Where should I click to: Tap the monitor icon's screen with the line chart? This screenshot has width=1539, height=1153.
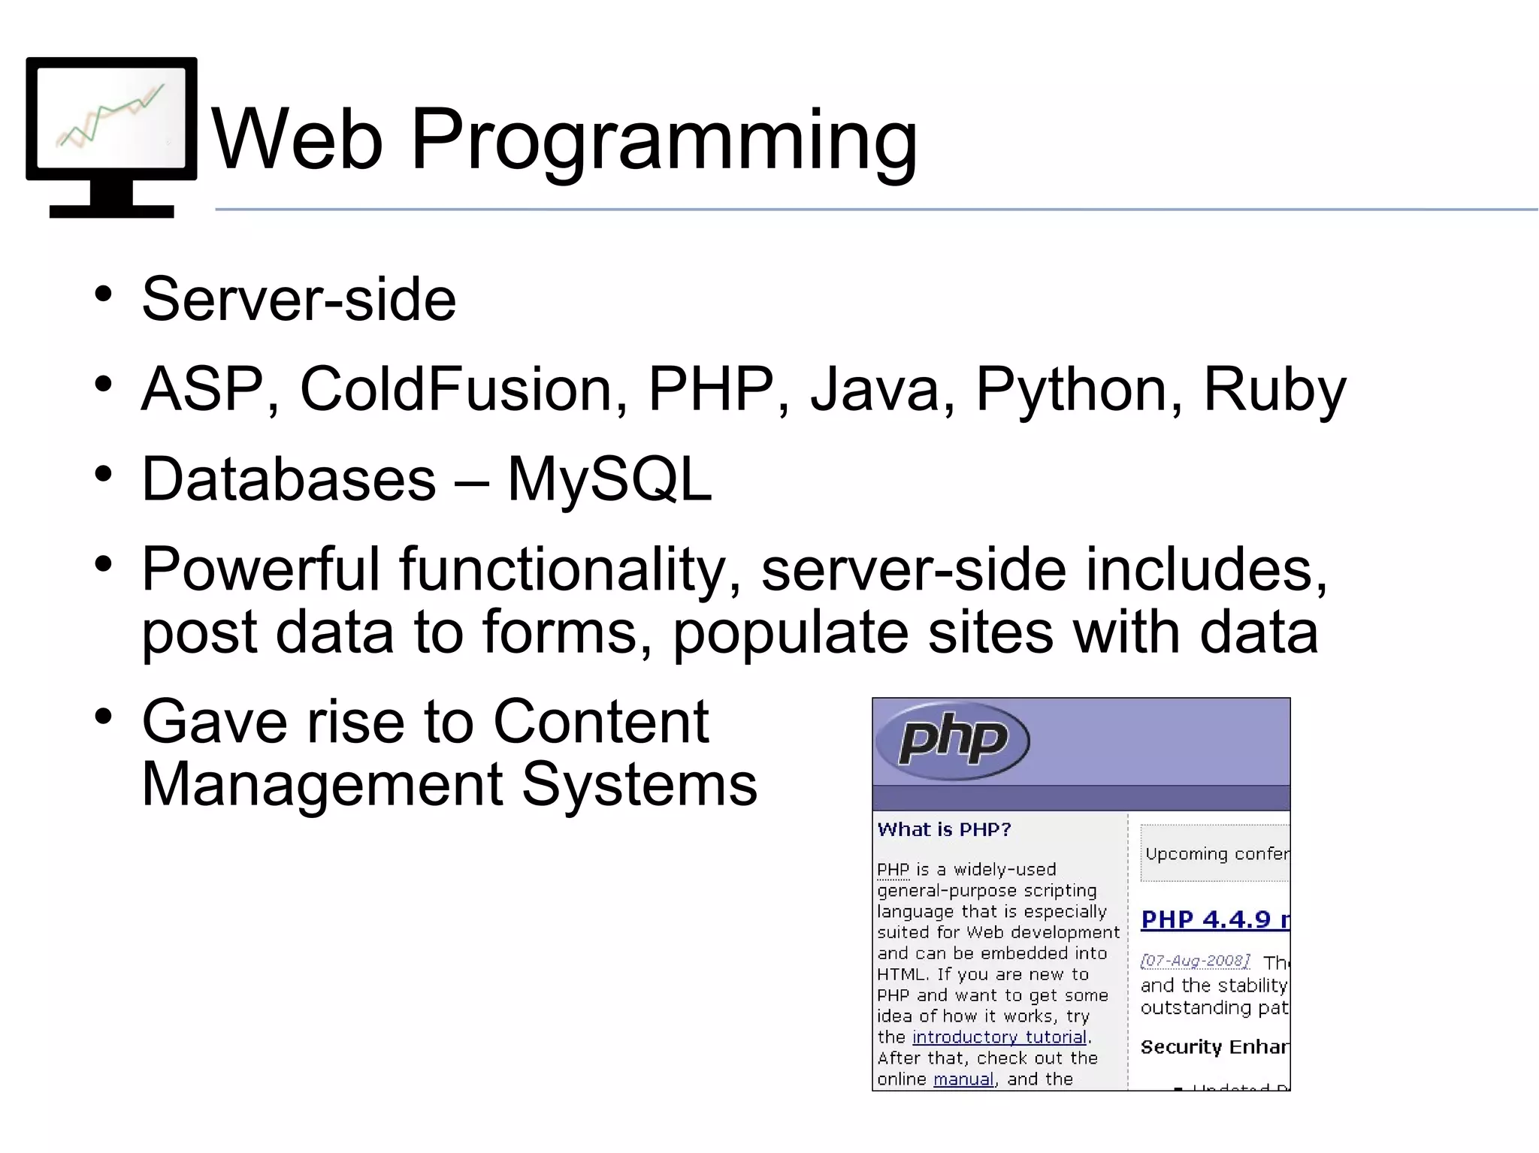(111, 117)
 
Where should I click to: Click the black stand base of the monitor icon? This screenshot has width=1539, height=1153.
(111, 211)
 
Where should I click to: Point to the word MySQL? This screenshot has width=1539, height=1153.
(609, 481)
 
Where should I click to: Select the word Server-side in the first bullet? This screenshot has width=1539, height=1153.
(299, 299)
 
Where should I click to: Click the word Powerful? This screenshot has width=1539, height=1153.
(261, 569)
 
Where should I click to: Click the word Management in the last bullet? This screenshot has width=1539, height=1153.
(322, 785)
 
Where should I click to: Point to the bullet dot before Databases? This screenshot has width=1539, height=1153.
(104, 474)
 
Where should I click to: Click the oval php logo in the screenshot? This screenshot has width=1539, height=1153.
(953, 740)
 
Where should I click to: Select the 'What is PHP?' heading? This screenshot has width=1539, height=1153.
(944, 829)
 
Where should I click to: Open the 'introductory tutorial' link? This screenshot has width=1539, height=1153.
(999, 1037)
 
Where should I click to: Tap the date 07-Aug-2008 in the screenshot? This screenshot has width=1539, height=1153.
(1195, 961)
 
